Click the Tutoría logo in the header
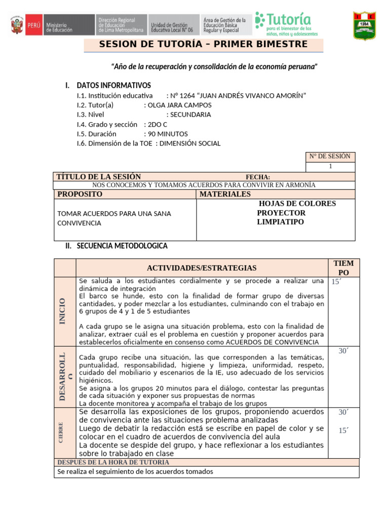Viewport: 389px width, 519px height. point(286,24)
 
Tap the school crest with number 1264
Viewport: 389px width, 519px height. point(364,26)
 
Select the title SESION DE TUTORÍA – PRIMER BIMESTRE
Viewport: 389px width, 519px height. point(203,44)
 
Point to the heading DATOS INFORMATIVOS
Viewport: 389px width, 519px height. point(113,85)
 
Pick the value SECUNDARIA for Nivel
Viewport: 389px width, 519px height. point(190,115)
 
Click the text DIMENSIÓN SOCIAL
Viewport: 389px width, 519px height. point(190,143)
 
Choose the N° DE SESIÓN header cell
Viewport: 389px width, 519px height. point(330,157)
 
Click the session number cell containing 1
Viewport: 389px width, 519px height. point(330,167)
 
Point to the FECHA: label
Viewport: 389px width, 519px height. point(258,177)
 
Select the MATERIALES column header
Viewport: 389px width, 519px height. point(225,194)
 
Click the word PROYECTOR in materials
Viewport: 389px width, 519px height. point(281,213)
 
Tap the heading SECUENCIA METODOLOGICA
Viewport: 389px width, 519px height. point(122,246)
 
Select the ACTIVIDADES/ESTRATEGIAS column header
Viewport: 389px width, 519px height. point(202,268)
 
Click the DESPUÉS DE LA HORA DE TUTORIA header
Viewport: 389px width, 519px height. point(113,462)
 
